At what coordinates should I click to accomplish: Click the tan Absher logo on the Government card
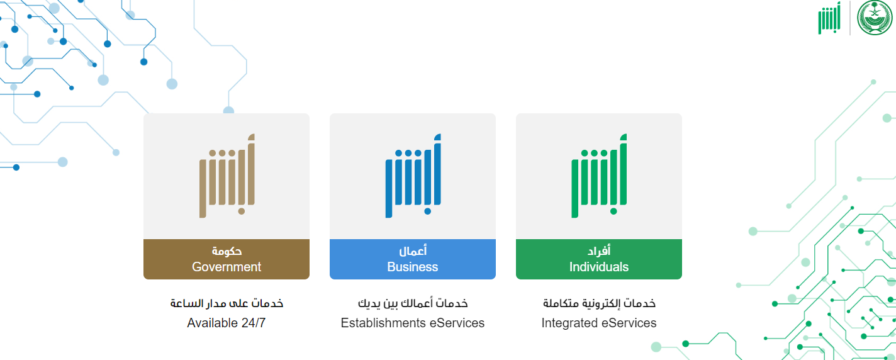[x=227, y=176]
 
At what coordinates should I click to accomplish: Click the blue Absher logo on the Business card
[x=413, y=176]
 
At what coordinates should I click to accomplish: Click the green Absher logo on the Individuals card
[x=599, y=176]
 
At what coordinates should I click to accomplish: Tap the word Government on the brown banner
[x=227, y=267]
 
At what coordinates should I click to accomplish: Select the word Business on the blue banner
[x=412, y=267]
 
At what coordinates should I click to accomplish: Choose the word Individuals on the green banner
[x=599, y=267]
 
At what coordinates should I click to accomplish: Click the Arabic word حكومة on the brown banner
[x=227, y=250]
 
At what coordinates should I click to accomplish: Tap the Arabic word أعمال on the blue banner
[x=413, y=250]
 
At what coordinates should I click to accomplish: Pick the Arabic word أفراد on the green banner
[x=599, y=250]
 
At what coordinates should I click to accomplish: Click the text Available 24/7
[x=227, y=323]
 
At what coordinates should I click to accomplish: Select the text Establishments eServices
[x=412, y=323]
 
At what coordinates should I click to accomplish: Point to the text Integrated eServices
[x=599, y=323]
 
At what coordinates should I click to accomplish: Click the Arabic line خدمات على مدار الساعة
[x=227, y=303]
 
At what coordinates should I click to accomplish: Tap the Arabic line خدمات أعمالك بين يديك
[x=413, y=303]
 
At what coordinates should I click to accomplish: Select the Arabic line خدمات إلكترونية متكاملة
[x=599, y=303]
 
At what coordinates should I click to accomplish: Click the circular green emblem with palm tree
[x=875, y=18]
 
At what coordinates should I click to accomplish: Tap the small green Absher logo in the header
[x=829, y=18]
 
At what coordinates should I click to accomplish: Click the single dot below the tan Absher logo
[x=241, y=211]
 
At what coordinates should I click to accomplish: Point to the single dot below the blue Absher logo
[x=427, y=211]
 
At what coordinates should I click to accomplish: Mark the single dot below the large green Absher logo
[x=613, y=211]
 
